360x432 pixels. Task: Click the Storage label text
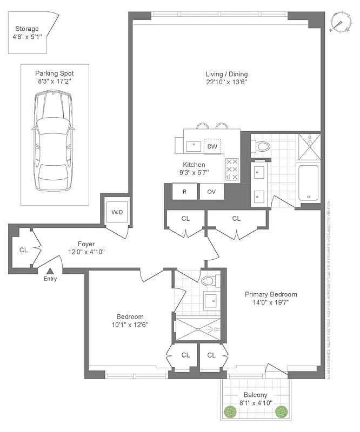[x=26, y=29]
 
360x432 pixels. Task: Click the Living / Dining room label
[x=226, y=74]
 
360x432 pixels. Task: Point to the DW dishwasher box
[x=212, y=146]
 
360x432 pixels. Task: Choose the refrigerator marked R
[x=184, y=191]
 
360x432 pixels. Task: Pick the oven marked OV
[x=211, y=191]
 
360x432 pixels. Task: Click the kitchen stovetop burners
[x=232, y=168]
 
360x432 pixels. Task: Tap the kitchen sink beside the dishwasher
[x=193, y=145]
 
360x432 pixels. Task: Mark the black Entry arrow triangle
[x=50, y=271]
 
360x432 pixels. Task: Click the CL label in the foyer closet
[x=23, y=250]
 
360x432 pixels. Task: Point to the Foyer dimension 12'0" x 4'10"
[x=86, y=252]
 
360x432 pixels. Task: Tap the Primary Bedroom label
[x=271, y=294]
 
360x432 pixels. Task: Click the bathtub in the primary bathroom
[x=309, y=184]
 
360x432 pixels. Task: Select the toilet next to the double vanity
[x=262, y=146]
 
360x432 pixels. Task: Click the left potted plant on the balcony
[x=231, y=413]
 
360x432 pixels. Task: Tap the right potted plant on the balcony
[x=281, y=413]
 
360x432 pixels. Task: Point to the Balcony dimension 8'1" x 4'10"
[x=256, y=403]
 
